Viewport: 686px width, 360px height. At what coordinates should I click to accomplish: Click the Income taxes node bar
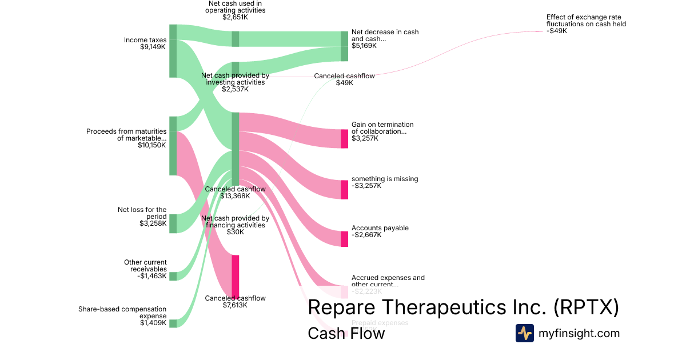[173, 51]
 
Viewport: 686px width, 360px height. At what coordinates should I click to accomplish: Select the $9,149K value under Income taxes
[153, 47]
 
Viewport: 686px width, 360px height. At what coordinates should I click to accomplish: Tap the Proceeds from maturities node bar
[173, 146]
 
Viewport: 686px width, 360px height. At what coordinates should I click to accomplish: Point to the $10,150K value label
[152, 145]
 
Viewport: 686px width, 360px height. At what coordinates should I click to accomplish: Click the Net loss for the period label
[142, 213]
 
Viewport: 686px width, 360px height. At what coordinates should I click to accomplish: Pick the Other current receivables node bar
[173, 277]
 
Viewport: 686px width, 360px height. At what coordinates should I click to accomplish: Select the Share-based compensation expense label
[122, 313]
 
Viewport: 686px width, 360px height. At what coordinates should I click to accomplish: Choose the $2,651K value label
[236, 17]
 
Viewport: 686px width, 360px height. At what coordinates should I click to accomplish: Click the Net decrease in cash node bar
[344, 46]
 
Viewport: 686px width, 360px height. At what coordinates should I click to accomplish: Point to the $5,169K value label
[364, 46]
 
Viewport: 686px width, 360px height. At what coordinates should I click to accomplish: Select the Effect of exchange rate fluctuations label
[586, 21]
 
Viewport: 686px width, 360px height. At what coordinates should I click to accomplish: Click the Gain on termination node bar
[344, 139]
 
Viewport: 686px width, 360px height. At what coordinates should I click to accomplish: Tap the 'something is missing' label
[385, 179]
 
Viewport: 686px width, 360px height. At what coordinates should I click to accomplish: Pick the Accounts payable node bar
[344, 239]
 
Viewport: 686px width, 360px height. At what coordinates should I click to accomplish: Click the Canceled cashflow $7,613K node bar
[235, 275]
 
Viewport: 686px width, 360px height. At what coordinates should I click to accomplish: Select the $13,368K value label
[236, 196]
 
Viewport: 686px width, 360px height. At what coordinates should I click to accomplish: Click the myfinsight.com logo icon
[525, 333]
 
